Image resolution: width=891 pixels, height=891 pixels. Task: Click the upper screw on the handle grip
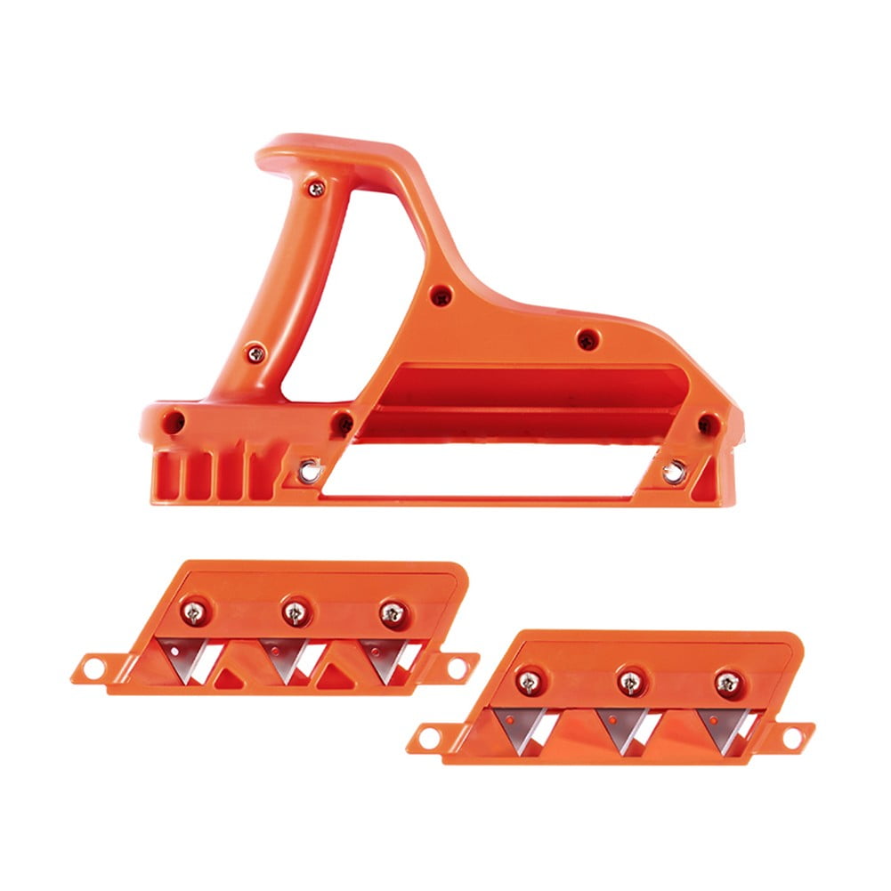[315, 187]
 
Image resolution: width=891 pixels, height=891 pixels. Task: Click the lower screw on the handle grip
[255, 353]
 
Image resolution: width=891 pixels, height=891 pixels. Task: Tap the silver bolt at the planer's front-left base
[309, 468]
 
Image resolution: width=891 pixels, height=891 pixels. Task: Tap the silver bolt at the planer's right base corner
[674, 472]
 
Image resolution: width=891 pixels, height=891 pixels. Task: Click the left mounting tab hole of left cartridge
[89, 665]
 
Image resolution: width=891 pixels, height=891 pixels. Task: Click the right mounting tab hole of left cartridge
[458, 666]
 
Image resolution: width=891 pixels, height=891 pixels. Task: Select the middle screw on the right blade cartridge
[629, 682]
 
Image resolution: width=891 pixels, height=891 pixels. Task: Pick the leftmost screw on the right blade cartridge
[529, 682]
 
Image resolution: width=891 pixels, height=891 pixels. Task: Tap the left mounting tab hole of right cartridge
[426, 736]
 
